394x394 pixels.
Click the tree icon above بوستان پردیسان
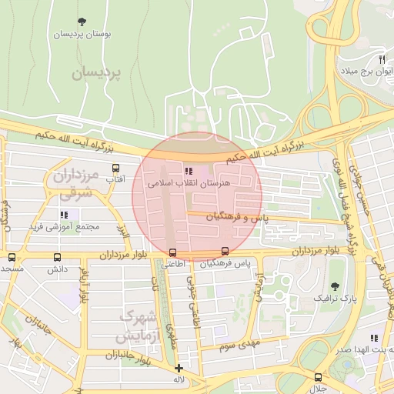tap(82, 23)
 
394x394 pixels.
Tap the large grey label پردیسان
tap(98, 73)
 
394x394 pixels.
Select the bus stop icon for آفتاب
tap(115, 168)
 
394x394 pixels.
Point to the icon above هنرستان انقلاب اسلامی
tap(189, 171)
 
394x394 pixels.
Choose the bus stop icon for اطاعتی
tap(172, 252)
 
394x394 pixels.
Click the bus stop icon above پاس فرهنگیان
tap(225, 251)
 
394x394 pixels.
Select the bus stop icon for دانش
tap(58, 257)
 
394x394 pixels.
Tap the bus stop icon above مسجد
tap(11, 257)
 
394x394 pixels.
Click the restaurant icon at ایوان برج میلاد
tap(381, 59)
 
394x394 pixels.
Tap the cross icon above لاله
tap(179, 368)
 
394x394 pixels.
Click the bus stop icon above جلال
tap(318, 377)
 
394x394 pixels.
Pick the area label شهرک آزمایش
tap(139, 327)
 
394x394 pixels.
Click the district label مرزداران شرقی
tap(73, 185)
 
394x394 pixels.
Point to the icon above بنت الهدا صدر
tap(374, 337)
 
